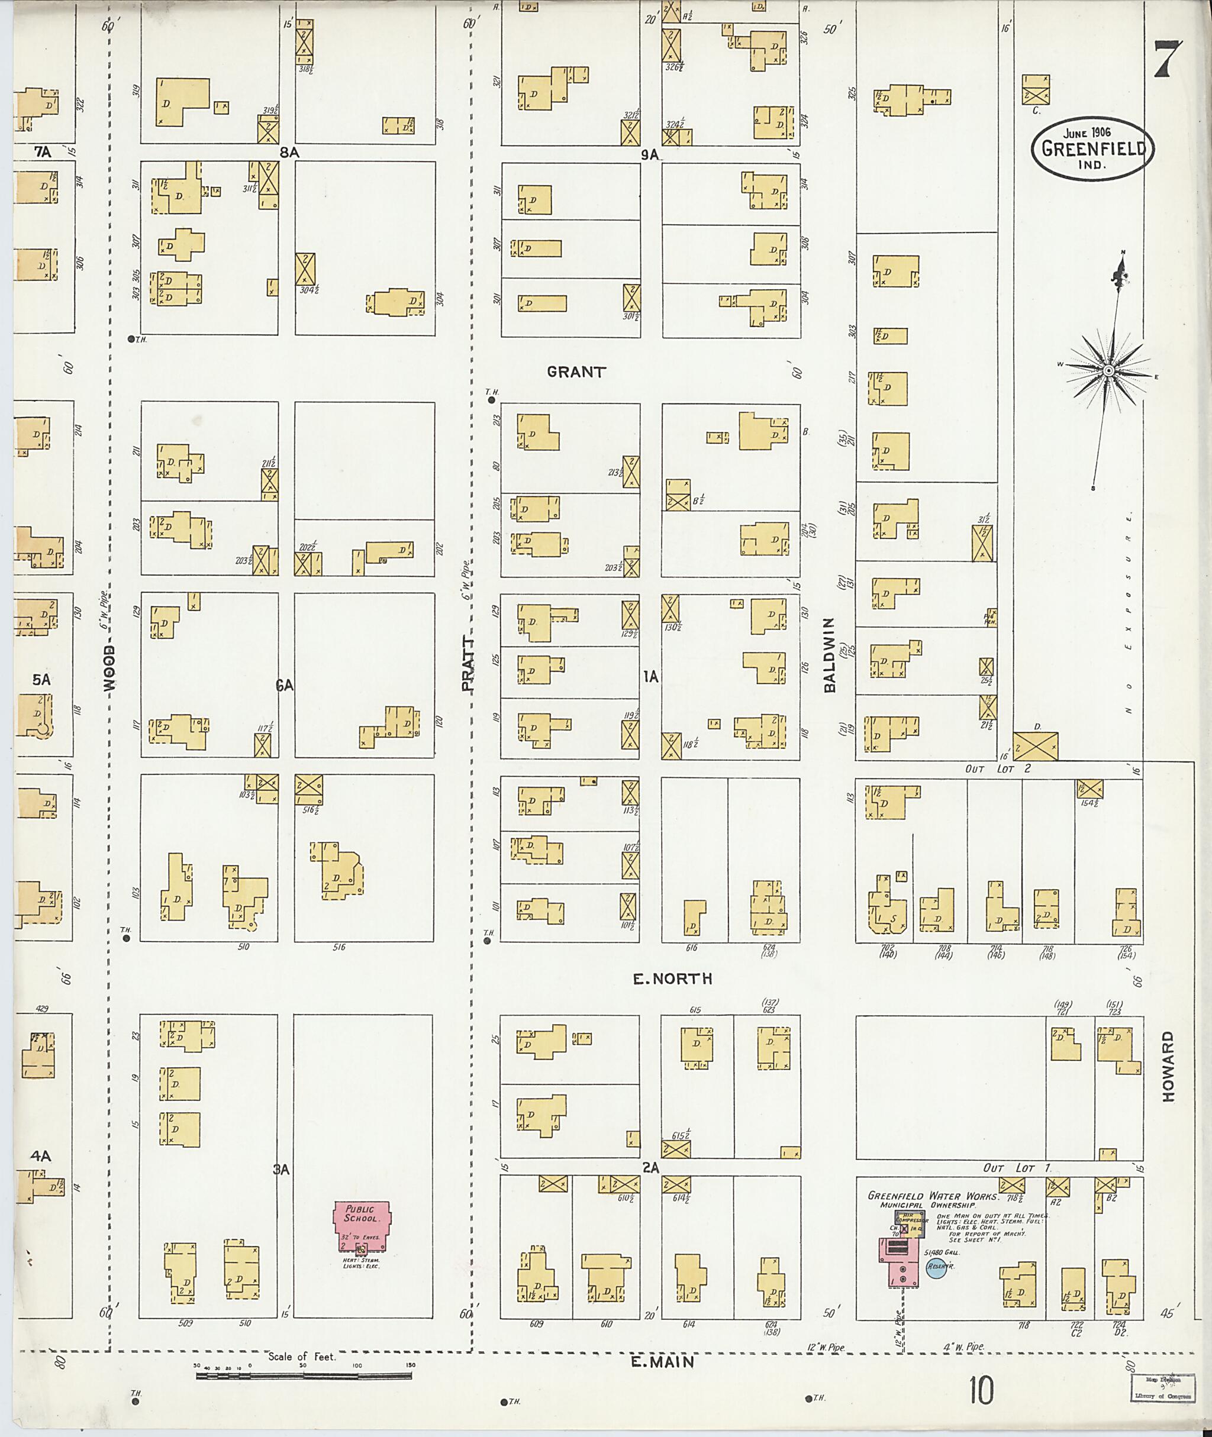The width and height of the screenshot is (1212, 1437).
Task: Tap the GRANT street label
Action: (x=576, y=372)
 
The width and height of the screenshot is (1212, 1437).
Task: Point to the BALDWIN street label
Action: (x=829, y=655)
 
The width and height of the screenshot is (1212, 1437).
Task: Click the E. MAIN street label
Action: (x=662, y=1361)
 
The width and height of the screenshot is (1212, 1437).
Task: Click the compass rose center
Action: (x=1108, y=371)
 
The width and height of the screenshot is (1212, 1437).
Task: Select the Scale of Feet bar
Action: (x=304, y=1376)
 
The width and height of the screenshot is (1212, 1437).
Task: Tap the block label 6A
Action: (x=285, y=685)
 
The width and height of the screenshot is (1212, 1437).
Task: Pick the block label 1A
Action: (x=650, y=677)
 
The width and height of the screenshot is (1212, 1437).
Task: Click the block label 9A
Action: (x=650, y=155)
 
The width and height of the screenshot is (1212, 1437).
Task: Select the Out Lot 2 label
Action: (x=998, y=768)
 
